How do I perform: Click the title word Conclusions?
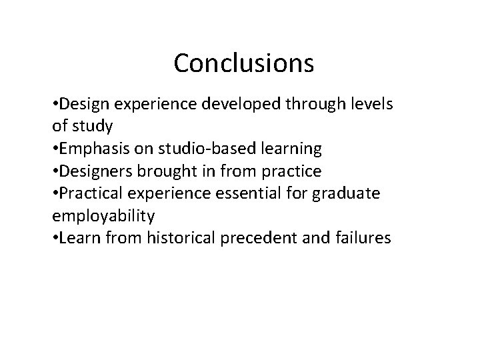tap(243, 63)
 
